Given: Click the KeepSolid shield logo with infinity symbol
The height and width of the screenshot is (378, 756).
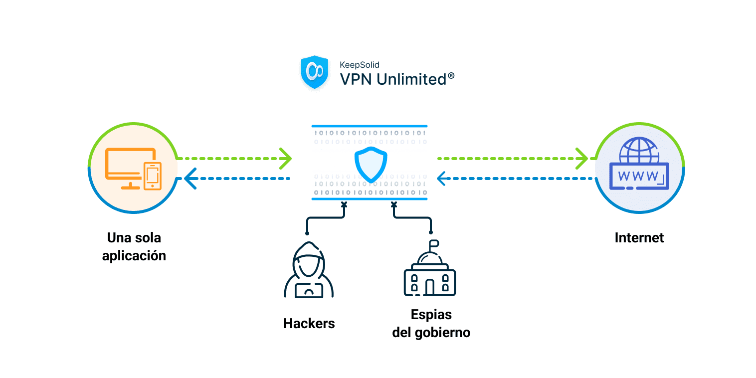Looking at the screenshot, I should pyautogui.click(x=315, y=73).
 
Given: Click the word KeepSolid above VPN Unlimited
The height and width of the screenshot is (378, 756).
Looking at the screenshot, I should pyautogui.click(x=359, y=64).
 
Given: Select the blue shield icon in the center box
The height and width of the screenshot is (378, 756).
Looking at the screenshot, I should pyautogui.click(x=371, y=164).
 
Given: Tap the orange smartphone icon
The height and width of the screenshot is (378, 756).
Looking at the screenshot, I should pyautogui.click(x=153, y=176).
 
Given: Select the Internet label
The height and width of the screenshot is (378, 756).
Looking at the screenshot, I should pyautogui.click(x=639, y=237).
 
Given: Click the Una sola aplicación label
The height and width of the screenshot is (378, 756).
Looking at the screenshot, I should pyautogui.click(x=134, y=246).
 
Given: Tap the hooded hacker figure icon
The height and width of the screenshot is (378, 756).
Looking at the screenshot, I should pyautogui.click(x=309, y=272).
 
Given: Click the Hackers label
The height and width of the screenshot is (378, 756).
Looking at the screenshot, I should pyautogui.click(x=309, y=323).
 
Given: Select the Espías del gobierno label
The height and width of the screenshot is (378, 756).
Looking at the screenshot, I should pyautogui.click(x=431, y=324).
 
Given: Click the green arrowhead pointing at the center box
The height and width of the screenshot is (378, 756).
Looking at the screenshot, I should pyautogui.click(x=286, y=158).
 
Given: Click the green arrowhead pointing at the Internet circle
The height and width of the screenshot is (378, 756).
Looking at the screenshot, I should pyautogui.click(x=582, y=158).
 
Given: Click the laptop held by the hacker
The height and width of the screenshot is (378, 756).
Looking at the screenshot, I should pyautogui.click(x=309, y=290).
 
